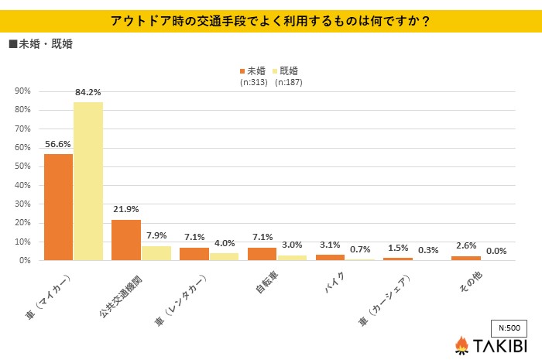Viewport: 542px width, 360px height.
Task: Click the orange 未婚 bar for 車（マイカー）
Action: coord(58,207)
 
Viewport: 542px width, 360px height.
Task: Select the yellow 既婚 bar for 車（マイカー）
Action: coord(87,181)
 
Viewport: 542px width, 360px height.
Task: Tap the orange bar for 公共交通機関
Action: coord(126,240)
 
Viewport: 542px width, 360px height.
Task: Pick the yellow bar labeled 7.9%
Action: coord(156,253)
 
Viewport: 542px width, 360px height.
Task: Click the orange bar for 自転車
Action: coord(262,254)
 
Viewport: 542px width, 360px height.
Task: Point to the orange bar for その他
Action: coord(465,258)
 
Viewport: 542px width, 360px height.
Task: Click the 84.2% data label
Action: coord(88,93)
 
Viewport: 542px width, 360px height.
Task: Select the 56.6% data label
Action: coord(58,145)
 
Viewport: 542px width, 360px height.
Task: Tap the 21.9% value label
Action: coord(126,210)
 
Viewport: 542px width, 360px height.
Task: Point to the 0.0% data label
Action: coord(496,251)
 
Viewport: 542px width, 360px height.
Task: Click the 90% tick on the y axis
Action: coord(22,91)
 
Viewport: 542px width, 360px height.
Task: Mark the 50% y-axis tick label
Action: coord(22,166)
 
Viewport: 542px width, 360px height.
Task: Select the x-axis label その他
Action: coord(464,283)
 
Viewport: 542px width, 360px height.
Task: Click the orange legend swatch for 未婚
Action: coord(243,70)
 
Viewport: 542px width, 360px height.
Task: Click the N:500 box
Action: coord(509,326)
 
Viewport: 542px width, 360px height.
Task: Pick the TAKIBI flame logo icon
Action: coord(461,345)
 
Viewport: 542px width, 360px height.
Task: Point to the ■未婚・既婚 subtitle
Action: coord(42,43)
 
